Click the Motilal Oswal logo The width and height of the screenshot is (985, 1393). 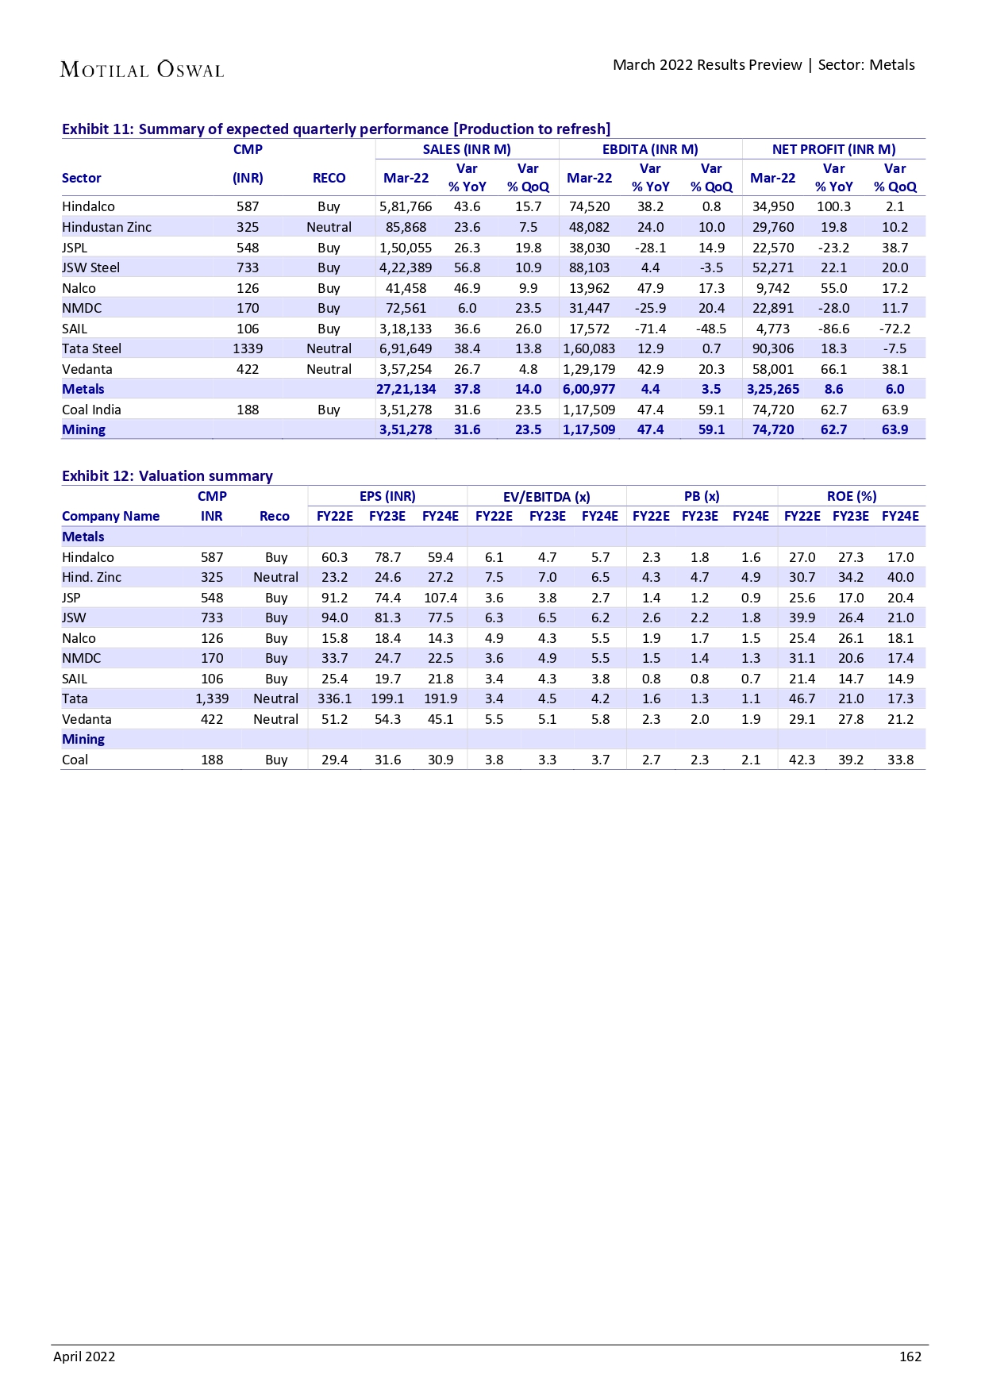click(142, 70)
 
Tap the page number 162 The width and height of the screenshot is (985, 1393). click(910, 1356)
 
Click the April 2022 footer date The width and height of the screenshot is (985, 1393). click(84, 1356)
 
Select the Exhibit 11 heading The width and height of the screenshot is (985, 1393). click(336, 129)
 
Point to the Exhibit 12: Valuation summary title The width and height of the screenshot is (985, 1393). click(167, 475)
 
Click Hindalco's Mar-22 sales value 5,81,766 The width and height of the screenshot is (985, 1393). click(406, 206)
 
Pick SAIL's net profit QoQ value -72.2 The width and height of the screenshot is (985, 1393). click(895, 329)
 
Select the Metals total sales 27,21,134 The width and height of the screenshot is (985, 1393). click(406, 389)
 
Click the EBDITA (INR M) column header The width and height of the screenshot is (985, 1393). click(650, 149)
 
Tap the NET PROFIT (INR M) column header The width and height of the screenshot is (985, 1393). click(833, 149)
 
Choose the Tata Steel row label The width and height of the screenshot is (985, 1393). click(92, 348)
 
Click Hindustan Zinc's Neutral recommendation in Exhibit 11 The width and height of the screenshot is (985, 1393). click(329, 227)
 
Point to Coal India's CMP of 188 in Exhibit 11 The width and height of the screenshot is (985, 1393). click(248, 410)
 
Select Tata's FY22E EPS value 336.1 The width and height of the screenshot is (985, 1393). click(334, 698)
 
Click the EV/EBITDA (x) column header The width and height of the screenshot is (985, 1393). click(546, 497)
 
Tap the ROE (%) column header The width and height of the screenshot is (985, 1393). click(852, 496)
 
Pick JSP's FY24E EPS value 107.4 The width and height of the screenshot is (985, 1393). click(441, 598)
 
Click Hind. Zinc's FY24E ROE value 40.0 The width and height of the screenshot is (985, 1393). click(900, 577)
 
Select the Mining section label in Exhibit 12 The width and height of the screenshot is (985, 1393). click(83, 739)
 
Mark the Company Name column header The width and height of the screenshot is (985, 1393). click(111, 516)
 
